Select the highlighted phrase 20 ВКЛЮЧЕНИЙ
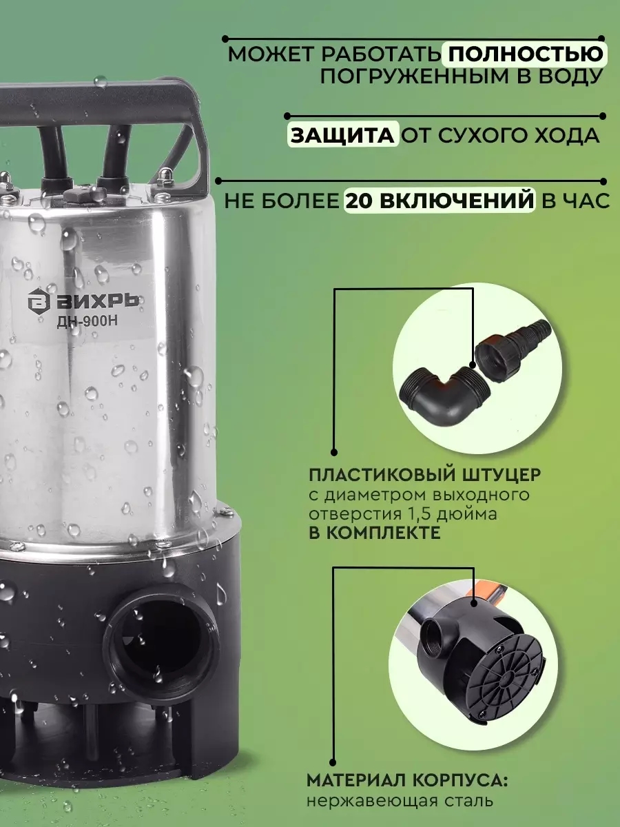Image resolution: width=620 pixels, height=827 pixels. click(x=440, y=201)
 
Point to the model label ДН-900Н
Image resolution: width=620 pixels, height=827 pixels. click(x=87, y=321)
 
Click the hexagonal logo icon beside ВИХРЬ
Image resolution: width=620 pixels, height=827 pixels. click(x=39, y=300)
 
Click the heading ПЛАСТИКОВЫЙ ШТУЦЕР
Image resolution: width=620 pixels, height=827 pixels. click(x=424, y=475)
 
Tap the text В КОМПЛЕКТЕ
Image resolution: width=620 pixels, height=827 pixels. click(x=374, y=533)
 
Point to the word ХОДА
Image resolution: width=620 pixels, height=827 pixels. click(x=559, y=136)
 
